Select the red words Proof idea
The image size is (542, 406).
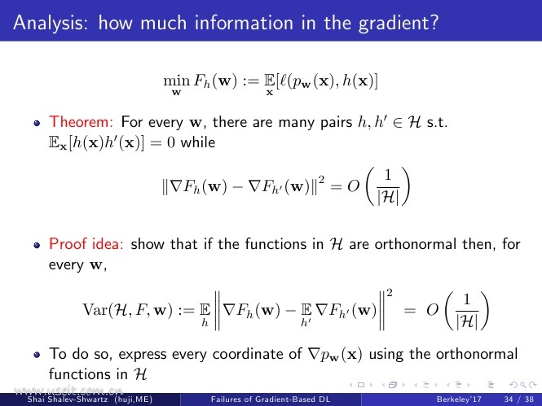(x=86, y=244)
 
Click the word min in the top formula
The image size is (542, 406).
(x=176, y=81)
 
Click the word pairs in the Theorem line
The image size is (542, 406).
(x=335, y=123)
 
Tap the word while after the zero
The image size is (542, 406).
(x=198, y=142)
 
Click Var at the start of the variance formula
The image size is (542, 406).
(x=95, y=309)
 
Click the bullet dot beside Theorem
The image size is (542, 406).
(x=37, y=123)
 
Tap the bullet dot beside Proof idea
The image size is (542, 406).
(x=37, y=245)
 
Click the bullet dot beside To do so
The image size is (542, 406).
(x=37, y=355)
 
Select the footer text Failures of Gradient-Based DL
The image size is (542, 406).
(x=271, y=399)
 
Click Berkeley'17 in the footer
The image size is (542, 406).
(x=459, y=399)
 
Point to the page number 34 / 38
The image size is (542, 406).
(x=518, y=399)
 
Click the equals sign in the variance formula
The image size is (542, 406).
(x=410, y=311)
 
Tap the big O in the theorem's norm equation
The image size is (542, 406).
(x=354, y=186)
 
